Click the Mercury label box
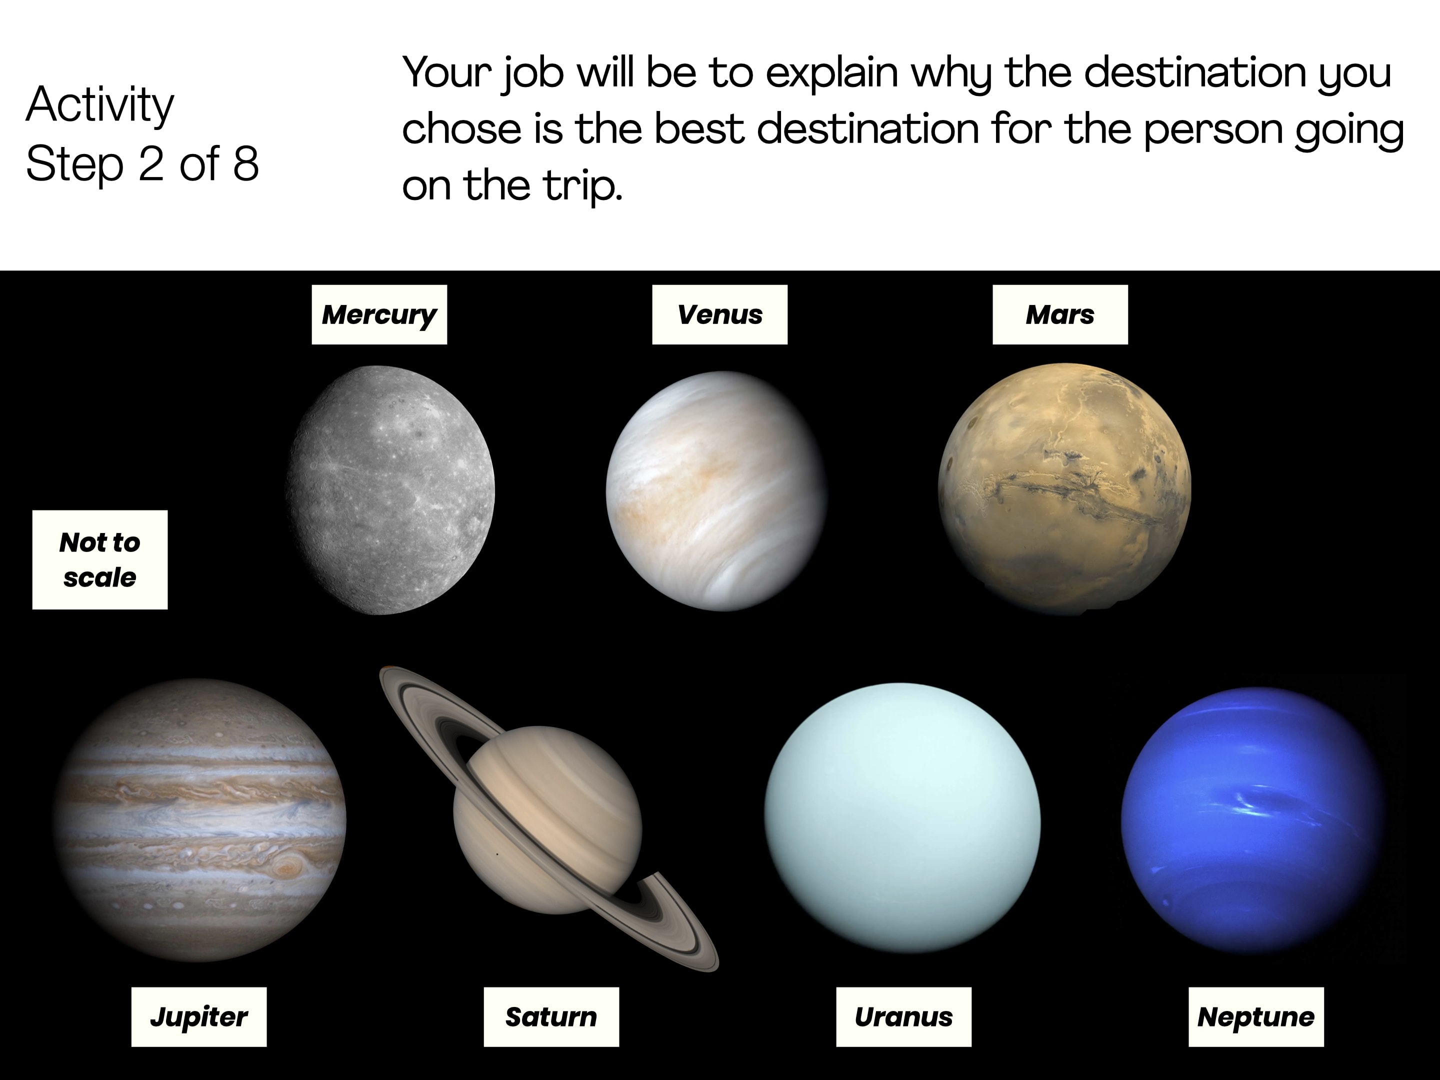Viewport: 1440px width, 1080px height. (x=379, y=314)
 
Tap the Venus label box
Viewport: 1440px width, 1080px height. (x=720, y=314)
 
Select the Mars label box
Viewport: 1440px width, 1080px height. (x=1060, y=314)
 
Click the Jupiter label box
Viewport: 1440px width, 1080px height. (x=199, y=1017)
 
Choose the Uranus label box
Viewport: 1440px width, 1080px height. (x=903, y=1017)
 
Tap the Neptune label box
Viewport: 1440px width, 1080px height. (x=1256, y=1017)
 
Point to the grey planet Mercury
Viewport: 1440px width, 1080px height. (x=390, y=490)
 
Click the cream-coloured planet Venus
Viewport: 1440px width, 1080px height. (x=716, y=491)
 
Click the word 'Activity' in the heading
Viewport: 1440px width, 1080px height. (x=100, y=106)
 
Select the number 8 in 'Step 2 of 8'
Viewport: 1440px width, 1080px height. (x=245, y=163)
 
